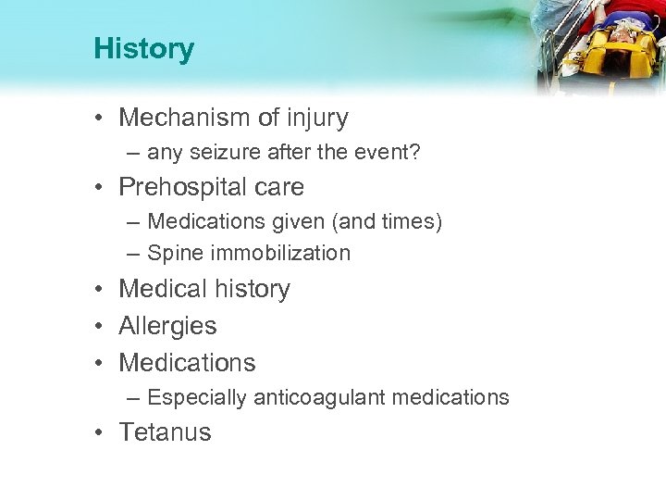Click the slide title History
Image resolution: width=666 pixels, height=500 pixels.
coord(143,49)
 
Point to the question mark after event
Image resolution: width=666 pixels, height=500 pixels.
coord(415,154)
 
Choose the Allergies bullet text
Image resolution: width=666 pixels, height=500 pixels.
coord(167,325)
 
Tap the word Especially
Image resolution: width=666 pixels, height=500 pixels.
coord(194,398)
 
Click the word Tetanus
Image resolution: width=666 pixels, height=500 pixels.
coord(165,432)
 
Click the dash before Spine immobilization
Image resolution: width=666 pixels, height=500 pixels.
coord(133,253)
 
